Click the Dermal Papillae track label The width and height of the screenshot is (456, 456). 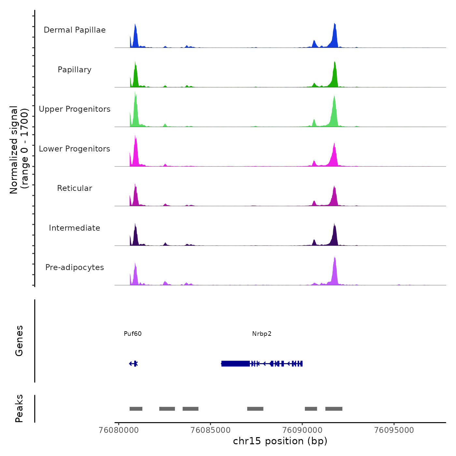tap(75, 30)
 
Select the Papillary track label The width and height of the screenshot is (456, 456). tap(75, 70)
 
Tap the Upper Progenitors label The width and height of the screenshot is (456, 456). tap(75, 109)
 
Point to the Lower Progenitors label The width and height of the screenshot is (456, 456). tap(75, 149)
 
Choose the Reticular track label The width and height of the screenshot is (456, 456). tap(75, 188)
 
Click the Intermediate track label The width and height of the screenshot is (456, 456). tap(75, 228)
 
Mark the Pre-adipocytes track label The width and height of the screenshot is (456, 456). tap(75, 267)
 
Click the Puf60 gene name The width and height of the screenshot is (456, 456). tap(133, 334)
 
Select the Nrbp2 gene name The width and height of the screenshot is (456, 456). tap(262, 334)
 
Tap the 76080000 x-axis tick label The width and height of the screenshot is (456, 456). tap(119, 430)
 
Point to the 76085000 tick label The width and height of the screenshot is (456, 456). tap(210, 430)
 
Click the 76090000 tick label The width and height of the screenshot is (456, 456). tap(302, 430)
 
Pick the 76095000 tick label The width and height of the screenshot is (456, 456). tap(394, 430)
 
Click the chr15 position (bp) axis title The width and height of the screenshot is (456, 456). tap(280, 441)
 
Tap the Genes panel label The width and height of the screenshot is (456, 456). tap(19, 341)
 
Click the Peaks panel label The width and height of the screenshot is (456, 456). tap(19, 408)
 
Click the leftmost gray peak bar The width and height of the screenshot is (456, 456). tap(136, 409)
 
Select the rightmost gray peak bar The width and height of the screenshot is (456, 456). tap(334, 409)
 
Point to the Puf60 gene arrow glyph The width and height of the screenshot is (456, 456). tap(134, 363)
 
